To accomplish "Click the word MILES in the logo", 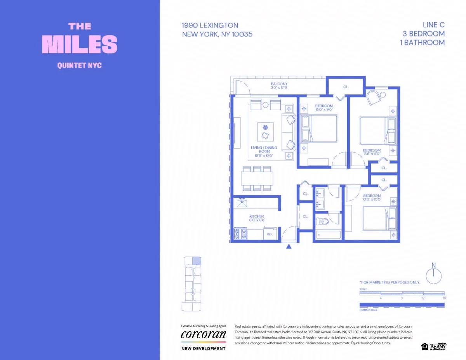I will click(79, 44).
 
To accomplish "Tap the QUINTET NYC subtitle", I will click(79, 65).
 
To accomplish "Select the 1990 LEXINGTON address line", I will click(210, 25).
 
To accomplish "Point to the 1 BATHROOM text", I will click(422, 42).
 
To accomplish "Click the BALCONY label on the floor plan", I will click(279, 84).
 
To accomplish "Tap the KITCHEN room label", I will click(256, 216).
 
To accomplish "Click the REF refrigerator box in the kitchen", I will click(270, 234).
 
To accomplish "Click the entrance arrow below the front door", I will click(289, 246).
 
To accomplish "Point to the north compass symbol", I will click(434, 275).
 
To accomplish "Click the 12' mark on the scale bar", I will click(423, 298).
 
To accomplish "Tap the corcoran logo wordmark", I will click(203, 335).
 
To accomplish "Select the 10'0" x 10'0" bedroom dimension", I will click(372, 200).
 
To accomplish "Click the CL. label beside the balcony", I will click(346, 87).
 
